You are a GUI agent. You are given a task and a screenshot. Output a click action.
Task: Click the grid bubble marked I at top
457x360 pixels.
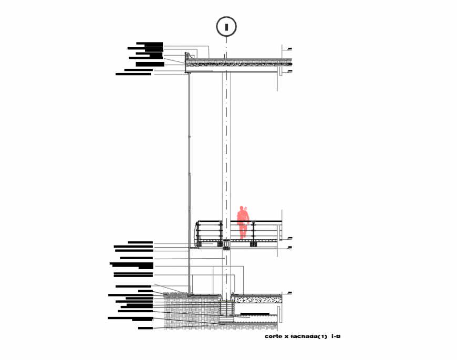[x=226, y=26]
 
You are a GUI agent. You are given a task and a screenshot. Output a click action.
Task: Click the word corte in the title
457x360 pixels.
[x=272, y=336]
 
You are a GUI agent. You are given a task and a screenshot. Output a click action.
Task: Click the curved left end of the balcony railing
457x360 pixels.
[x=198, y=234]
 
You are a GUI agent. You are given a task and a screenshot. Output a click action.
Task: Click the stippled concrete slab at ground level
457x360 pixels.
[x=257, y=300]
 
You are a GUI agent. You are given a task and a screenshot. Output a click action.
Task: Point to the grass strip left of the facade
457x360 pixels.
[x=176, y=293]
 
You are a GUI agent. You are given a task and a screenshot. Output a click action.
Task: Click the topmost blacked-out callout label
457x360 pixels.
[x=149, y=44]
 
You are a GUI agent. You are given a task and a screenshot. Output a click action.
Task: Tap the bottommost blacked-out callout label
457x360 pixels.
[x=146, y=328]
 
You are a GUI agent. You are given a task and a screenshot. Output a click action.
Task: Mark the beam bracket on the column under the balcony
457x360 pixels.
[x=226, y=245]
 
